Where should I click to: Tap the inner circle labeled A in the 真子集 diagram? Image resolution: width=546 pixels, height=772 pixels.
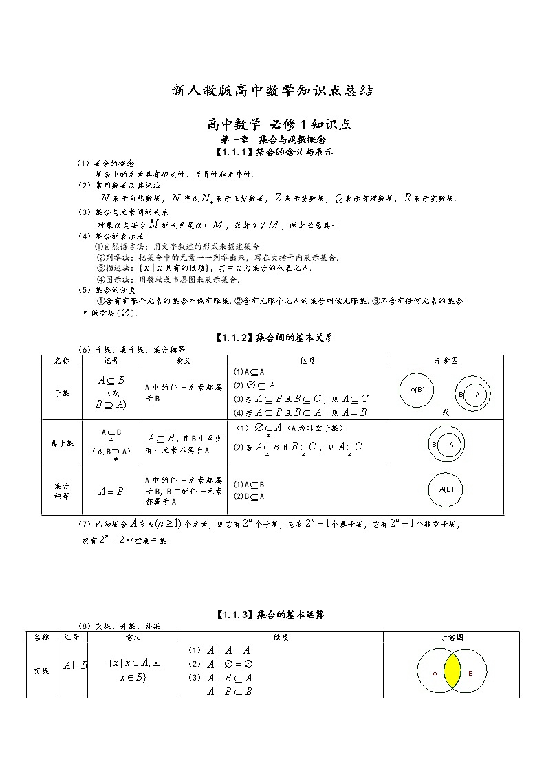pos(451,445)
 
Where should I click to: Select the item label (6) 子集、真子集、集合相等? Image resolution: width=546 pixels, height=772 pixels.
pos(131,349)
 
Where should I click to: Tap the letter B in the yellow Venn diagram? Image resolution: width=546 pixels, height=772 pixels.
pos(470,674)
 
